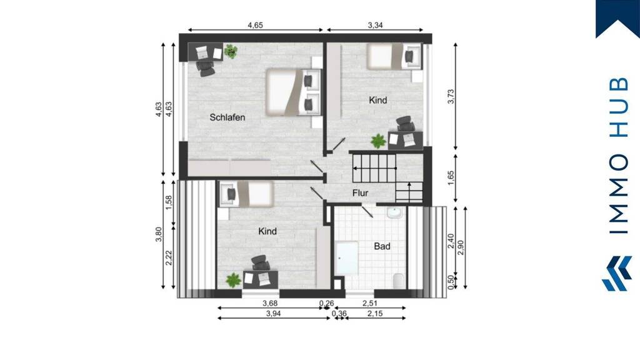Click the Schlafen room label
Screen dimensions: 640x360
pos(227,117)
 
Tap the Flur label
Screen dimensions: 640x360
pos(360,193)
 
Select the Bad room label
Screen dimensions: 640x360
pos(382,246)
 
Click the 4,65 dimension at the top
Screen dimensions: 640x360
pos(255,25)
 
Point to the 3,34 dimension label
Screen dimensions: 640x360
pos(375,25)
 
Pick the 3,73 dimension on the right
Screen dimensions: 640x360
pos(451,97)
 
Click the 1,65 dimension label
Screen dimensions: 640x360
pos(451,178)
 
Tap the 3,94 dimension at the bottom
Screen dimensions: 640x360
pos(274,314)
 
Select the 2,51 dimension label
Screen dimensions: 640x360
pos(370,303)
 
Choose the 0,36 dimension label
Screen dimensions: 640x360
pos(339,314)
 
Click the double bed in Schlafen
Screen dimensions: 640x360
pos(294,92)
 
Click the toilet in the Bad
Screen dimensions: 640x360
pos(397,280)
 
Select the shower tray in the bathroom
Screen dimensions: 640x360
pos(347,257)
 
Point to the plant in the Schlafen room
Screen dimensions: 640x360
pos(231,51)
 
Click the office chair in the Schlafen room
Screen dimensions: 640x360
pos(205,68)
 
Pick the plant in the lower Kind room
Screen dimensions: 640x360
pos(233,281)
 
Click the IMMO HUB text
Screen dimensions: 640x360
pos(617,156)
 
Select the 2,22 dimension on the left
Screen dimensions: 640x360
pos(169,258)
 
